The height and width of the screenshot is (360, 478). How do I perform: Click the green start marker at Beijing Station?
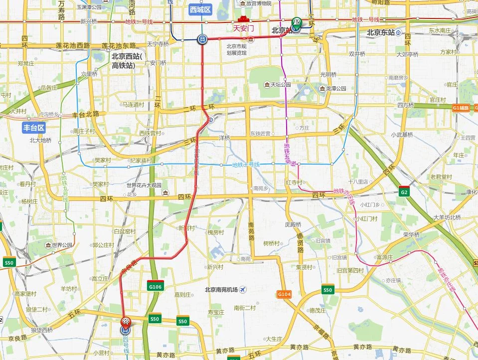coord(297,22)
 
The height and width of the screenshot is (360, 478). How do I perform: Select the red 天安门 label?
coord(244,28)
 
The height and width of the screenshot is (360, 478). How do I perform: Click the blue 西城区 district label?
coord(201,9)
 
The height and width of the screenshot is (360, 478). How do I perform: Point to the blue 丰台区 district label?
coord(34,128)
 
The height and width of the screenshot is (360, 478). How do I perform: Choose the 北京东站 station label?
coord(380,32)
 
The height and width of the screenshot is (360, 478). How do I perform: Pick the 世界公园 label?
coord(62,245)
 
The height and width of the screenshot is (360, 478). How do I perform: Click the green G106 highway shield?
coord(155,287)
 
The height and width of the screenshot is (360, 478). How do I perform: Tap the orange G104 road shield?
coord(284,295)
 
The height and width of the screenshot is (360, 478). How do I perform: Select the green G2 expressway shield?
coord(404,192)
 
